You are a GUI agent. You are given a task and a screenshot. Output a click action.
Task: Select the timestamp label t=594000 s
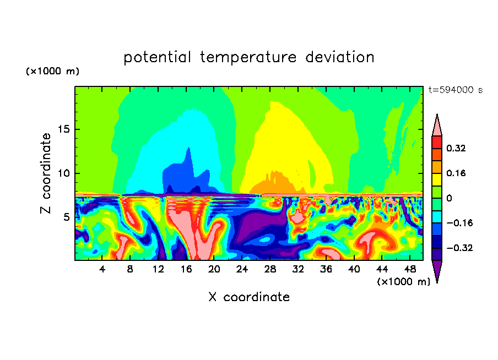pos(455,90)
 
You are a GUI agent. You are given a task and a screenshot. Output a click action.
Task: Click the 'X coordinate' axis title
pos(249,297)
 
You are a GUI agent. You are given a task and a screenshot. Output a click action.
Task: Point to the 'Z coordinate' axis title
pos(46,173)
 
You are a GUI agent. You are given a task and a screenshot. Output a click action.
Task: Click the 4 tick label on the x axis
pos(102,269)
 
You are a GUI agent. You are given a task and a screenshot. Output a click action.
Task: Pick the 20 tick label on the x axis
pos(214,269)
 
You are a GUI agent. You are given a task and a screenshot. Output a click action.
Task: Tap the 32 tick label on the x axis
pos(298,269)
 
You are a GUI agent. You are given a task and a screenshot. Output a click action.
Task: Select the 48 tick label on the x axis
pos(410,269)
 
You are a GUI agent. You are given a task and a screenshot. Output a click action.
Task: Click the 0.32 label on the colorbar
pos(457,148)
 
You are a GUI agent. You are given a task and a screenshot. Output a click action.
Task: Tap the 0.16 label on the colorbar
pos(457,173)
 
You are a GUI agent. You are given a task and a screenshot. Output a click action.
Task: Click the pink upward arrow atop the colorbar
pos(437,126)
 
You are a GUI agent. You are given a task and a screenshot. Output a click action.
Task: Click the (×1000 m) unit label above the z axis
pos(53,72)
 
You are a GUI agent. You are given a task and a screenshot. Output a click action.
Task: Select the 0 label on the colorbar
pos(449,198)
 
